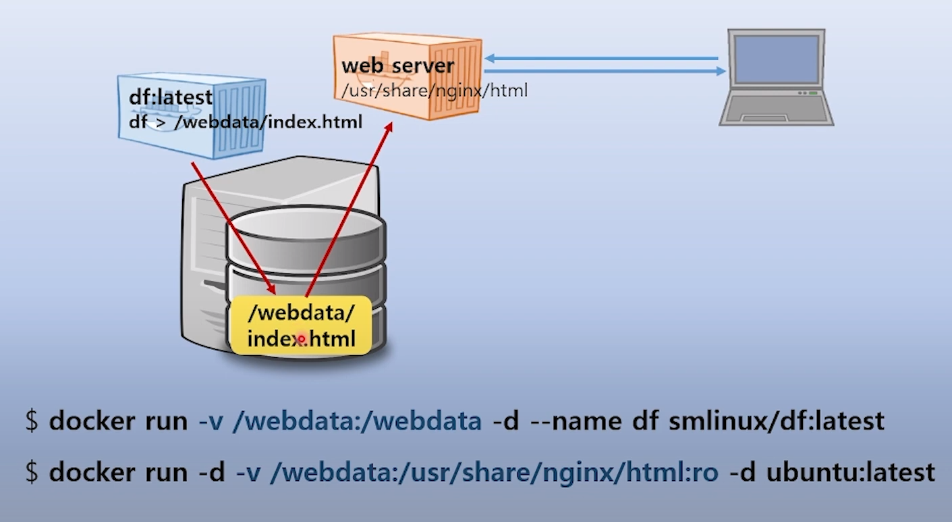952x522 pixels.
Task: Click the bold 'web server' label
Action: click(x=397, y=66)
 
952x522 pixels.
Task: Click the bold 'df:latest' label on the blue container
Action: click(x=170, y=97)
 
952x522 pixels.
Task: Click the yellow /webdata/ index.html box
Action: click(x=301, y=325)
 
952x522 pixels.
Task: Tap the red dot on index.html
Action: click(x=302, y=339)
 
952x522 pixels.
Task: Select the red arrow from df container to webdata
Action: click(x=232, y=226)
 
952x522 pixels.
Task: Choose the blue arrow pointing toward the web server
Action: click(x=600, y=58)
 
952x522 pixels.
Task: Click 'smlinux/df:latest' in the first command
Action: click(x=776, y=421)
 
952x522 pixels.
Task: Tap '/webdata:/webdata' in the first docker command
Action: click(x=356, y=421)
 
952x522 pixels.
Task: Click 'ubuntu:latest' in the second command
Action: click(x=850, y=472)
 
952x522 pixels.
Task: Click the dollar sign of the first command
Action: click(x=32, y=421)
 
